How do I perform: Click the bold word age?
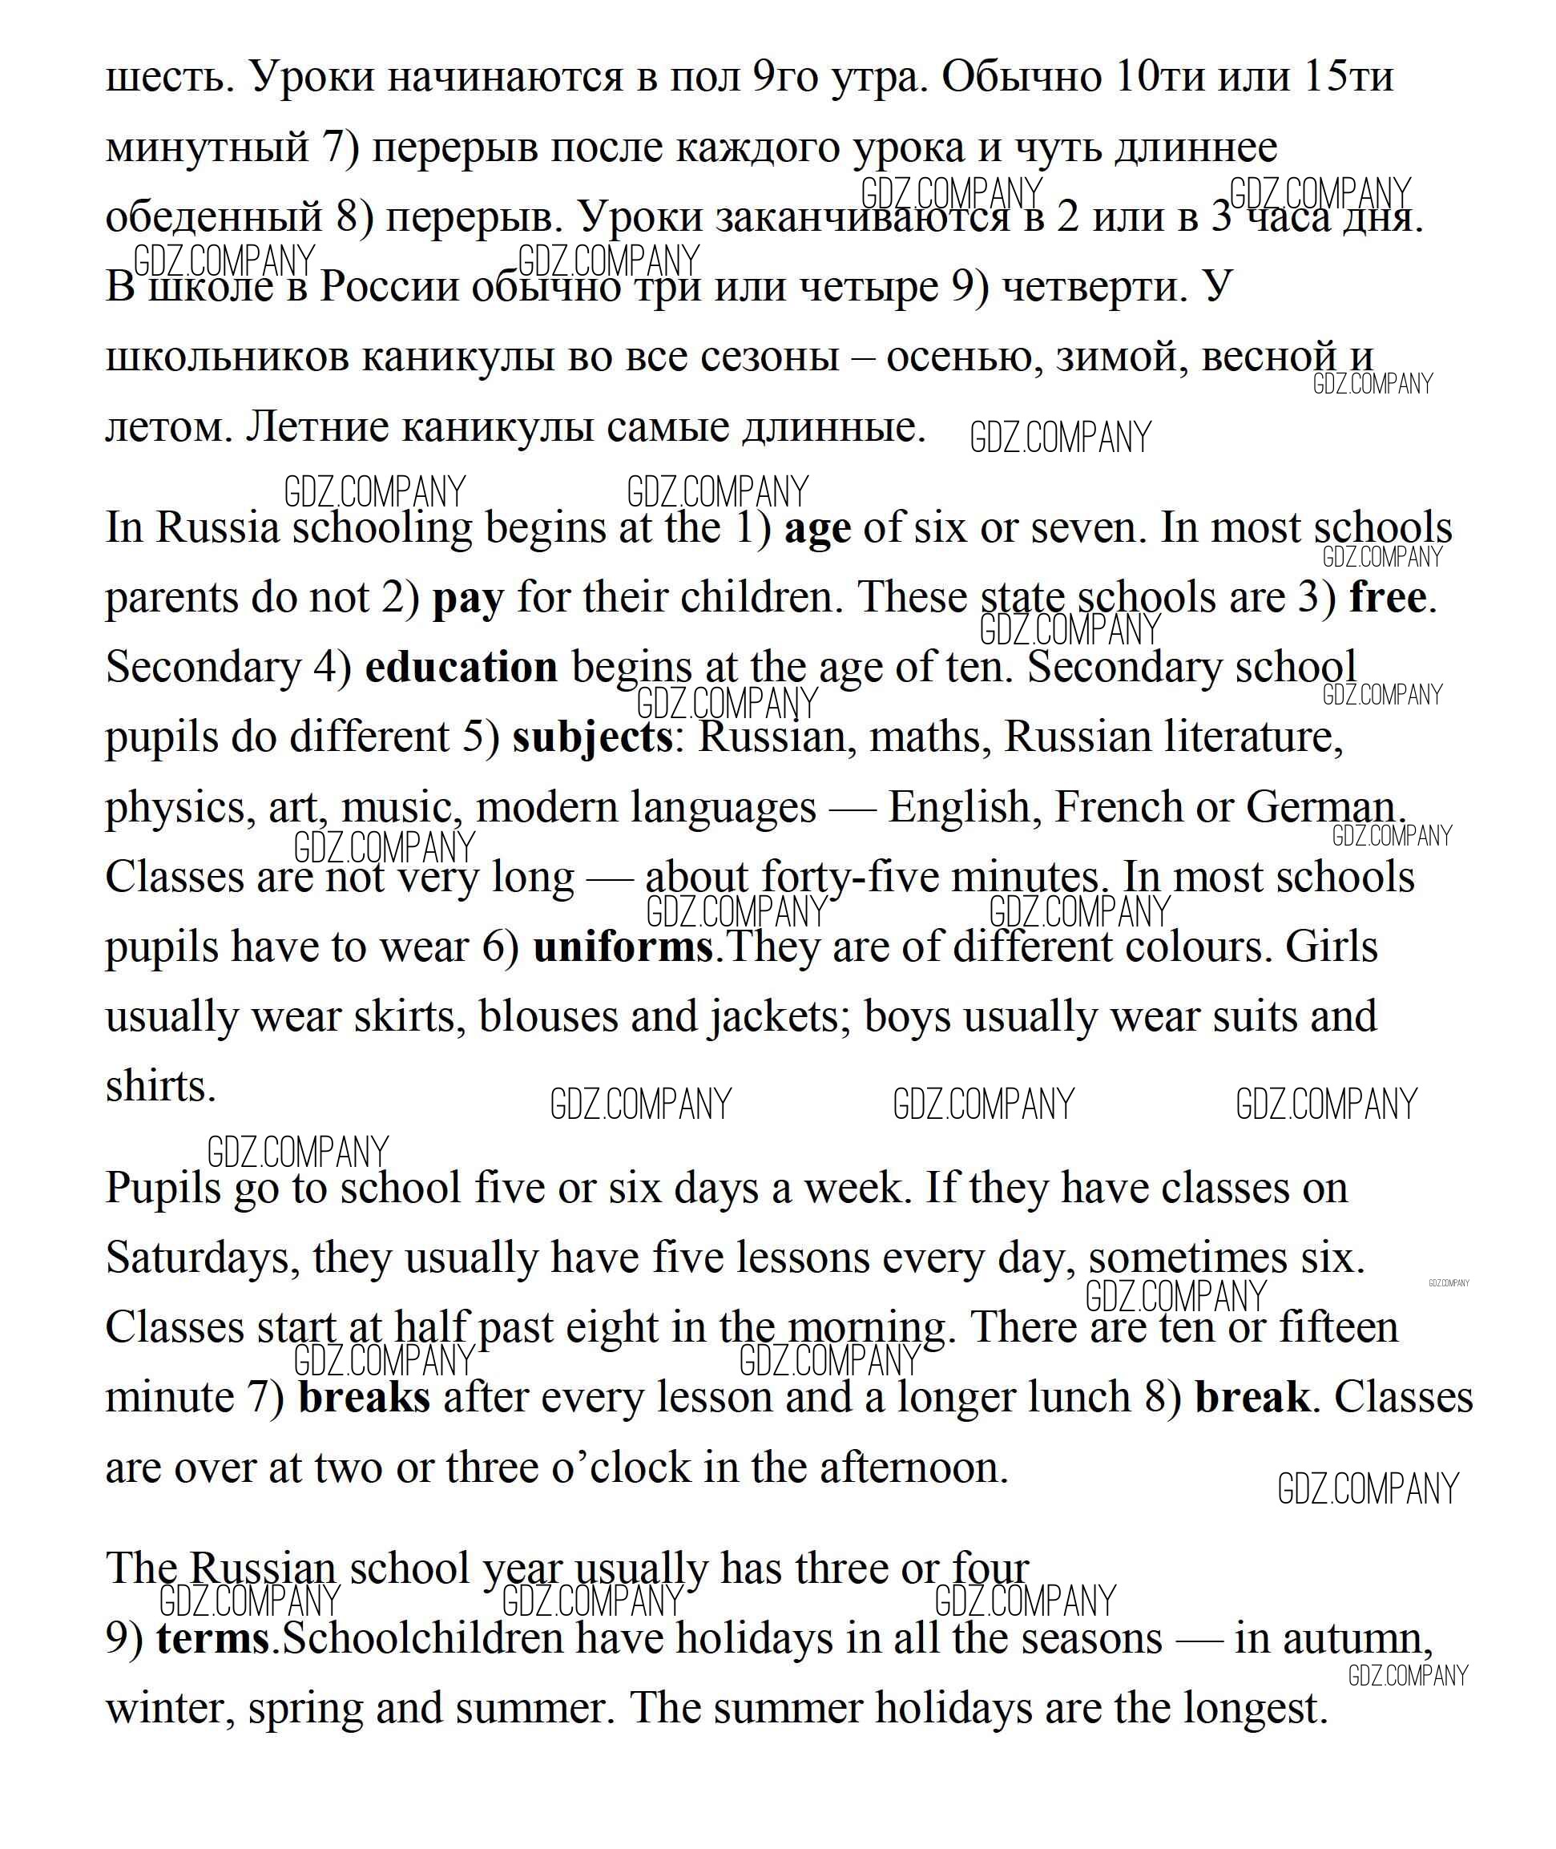[818, 529]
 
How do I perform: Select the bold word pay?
[467, 599]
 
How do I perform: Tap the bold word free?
[1388, 599]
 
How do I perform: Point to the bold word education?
[462, 668]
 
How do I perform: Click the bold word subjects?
[592, 737]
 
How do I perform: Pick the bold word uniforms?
[623, 947]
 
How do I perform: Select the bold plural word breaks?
[365, 1399]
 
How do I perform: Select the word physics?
[175, 809]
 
